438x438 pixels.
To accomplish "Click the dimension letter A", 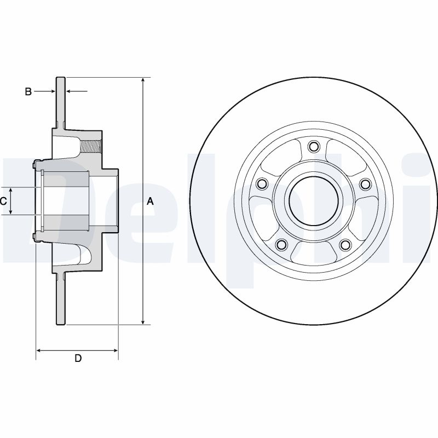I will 151,201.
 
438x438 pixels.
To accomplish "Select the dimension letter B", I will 28,91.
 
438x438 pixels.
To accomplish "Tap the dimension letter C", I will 3,201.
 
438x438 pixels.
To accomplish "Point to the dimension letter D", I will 78,359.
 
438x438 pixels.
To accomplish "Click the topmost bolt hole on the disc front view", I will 314,147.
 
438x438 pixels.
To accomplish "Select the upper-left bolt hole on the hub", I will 261,183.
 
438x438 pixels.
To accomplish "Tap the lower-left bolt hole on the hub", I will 281,245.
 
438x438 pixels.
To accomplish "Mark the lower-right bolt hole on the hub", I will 345,245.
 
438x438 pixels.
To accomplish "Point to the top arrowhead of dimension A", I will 143,81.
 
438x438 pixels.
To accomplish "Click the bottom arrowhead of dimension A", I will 143,321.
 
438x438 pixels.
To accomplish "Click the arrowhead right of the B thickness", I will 68,91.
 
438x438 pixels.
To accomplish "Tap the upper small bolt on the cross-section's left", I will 35,163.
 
